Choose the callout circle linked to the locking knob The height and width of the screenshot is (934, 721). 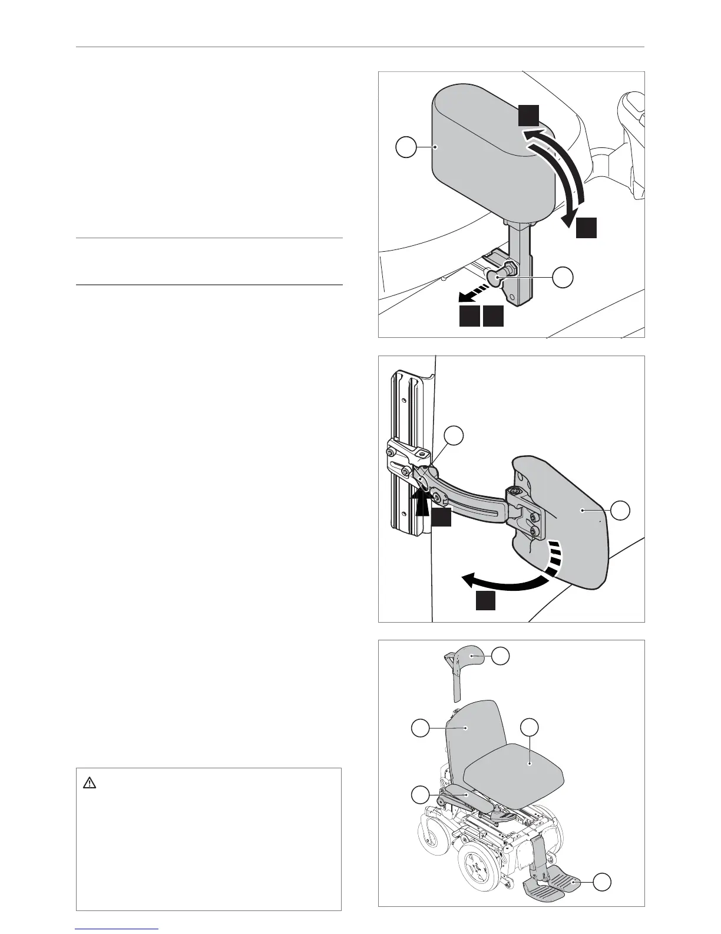pos(563,277)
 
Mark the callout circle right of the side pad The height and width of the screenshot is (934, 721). pos(620,511)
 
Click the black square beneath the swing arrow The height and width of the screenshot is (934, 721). pos(485,601)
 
